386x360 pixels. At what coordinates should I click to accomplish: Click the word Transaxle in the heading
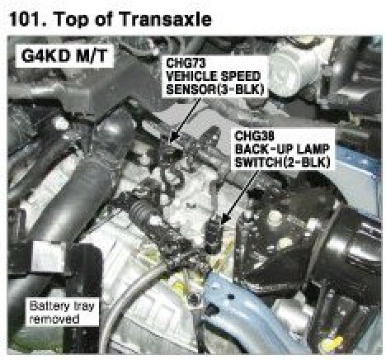[x=166, y=19]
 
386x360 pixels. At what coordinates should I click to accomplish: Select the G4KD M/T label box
[x=64, y=56]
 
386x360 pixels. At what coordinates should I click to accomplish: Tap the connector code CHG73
[x=186, y=63]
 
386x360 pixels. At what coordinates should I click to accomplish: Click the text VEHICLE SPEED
[x=213, y=76]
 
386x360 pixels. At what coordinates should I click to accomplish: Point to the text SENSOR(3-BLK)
[x=215, y=89]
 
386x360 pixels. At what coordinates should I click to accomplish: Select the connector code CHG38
[x=255, y=135]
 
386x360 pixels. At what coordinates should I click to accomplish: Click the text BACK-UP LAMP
[x=282, y=149]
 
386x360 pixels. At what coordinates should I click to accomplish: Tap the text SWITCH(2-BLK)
[x=282, y=162]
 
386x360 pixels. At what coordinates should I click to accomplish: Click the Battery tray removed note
[x=62, y=313]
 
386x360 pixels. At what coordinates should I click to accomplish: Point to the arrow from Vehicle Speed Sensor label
[x=186, y=121]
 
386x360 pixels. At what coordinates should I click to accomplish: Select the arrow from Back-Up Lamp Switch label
[x=239, y=197]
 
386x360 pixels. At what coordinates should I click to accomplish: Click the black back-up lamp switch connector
[x=214, y=234]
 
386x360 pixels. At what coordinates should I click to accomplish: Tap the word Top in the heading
[x=72, y=20]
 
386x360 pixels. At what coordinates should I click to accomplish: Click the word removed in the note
[x=54, y=320]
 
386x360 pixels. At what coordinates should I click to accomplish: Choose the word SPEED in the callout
[x=242, y=76]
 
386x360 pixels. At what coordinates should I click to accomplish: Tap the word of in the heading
[x=105, y=19]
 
